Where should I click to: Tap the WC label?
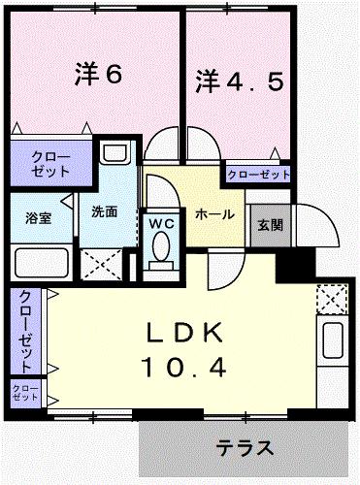pyautogui.click(x=159, y=222)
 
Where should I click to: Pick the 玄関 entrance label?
pyautogui.click(x=270, y=225)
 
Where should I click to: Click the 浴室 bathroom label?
pyautogui.click(x=38, y=217)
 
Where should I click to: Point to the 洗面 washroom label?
pyautogui.click(x=105, y=211)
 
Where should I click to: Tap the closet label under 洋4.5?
pyautogui.click(x=259, y=175)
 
